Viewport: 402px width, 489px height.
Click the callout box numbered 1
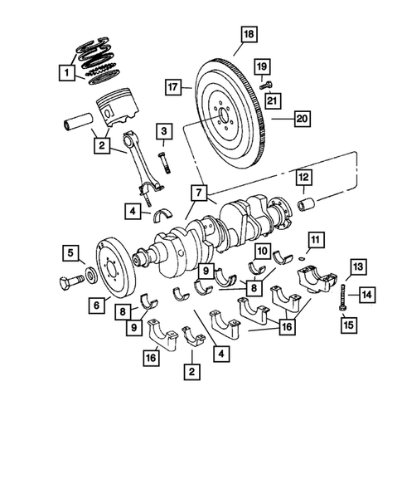pos(65,72)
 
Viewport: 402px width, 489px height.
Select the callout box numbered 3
pos(164,130)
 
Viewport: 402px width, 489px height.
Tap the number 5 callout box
pos(72,252)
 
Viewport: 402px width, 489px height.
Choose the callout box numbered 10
pos(260,251)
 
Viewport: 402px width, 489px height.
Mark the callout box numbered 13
pos(355,267)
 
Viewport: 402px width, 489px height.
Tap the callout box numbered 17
pos(172,86)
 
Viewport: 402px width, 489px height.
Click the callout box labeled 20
pos(301,120)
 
